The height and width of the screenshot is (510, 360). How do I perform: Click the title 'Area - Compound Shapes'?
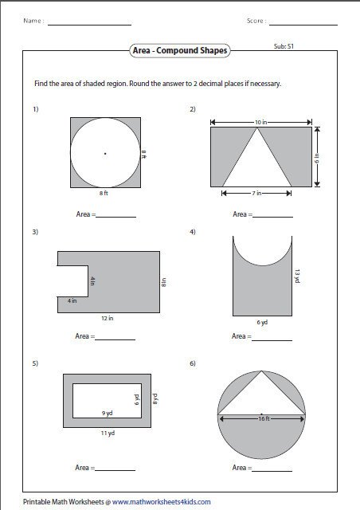[x=180, y=51]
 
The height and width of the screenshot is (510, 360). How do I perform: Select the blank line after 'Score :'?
[x=303, y=24]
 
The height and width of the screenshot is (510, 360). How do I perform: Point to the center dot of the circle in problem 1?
[x=105, y=152]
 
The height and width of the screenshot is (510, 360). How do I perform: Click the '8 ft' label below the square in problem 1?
[x=105, y=194]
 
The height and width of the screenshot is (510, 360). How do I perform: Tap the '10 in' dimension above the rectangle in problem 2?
[x=260, y=122]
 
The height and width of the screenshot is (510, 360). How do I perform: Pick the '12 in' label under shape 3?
[x=107, y=318]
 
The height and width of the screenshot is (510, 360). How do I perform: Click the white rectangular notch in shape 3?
[x=72, y=280]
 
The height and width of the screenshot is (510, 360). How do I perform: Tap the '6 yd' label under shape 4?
[x=262, y=322]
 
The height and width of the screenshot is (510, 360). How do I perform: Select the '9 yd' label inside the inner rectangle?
[x=107, y=413]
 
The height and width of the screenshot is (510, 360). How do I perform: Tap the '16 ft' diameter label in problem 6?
[x=261, y=416]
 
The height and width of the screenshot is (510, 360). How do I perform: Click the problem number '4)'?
[x=193, y=232]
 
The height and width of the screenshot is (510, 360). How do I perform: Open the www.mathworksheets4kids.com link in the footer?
[x=162, y=502]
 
